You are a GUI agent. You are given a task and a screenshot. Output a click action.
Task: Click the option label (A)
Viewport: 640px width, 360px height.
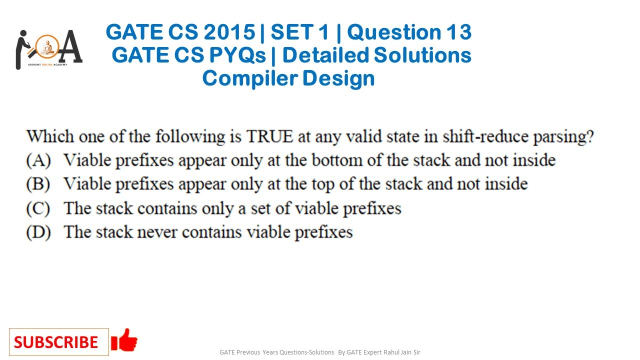[x=38, y=160]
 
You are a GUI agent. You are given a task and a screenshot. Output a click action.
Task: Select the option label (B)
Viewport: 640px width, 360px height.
[x=38, y=184]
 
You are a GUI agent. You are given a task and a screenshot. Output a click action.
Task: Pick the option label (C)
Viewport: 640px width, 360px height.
[x=38, y=208]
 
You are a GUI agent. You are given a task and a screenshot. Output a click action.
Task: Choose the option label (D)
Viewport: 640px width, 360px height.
[x=38, y=232]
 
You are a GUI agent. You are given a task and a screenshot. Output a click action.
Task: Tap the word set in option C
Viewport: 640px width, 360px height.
[x=261, y=208]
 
